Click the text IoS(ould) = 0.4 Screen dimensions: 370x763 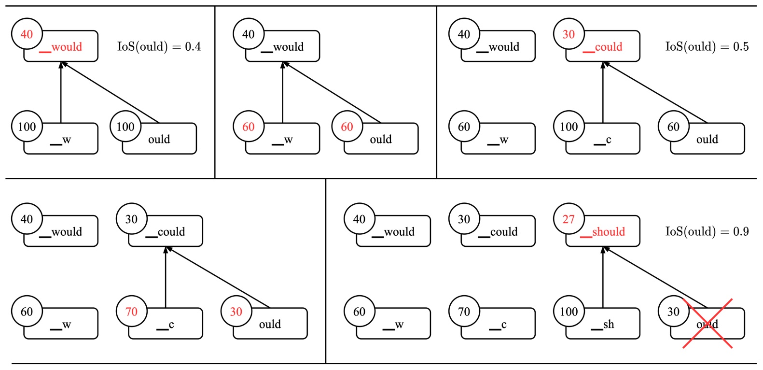click(x=159, y=47)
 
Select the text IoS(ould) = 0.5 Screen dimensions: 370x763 click(x=707, y=47)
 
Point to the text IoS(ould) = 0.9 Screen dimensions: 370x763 click(x=707, y=232)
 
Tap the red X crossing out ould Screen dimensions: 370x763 click(x=708, y=323)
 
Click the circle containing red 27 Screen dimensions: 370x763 click(x=569, y=219)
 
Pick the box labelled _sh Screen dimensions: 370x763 click(x=603, y=324)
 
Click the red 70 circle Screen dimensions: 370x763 click(x=131, y=312)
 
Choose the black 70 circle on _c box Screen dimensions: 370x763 click(x=464, y=312)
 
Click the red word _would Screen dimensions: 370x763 click(x=61, y=47)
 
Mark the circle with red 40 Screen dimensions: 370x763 click(x=27, y=34)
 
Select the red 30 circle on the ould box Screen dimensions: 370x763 click(x=236, y=312)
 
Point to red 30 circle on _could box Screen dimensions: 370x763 click(x=569, y=34)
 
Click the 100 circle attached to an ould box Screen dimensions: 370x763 click(x=125, y=127)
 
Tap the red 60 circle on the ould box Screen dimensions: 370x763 click(x=347, y=127)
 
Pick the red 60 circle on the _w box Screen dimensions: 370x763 click(x=248, y=127)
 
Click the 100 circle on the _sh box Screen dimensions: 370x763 click(x=569, y=312)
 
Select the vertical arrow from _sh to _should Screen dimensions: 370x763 click(x=603, y=278)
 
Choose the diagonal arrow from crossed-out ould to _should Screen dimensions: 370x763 click(x=655, y=277)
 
